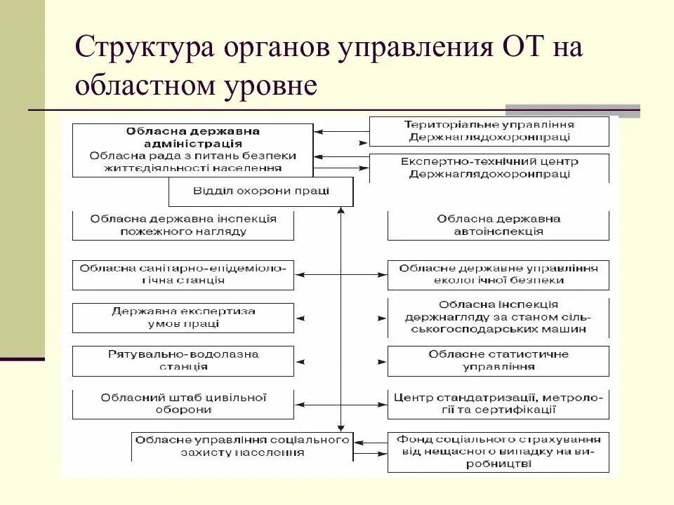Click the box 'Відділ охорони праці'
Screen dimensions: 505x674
(260, 191)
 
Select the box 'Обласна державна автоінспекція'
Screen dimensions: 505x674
(498, 225)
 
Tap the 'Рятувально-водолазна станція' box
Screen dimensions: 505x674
(183, 360)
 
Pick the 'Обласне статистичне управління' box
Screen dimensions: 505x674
(498, 360)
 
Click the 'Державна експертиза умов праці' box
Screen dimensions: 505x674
(183, 318)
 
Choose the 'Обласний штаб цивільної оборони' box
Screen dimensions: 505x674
(183, 404)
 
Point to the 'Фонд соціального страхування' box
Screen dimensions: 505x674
(498, 452)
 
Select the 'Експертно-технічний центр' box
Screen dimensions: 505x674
(489, 168)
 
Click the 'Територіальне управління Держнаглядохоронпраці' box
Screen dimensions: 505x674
(489, 130)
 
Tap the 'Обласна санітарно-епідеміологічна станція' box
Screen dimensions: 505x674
(183, 274)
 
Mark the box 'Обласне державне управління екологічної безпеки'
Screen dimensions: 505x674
(498, 274)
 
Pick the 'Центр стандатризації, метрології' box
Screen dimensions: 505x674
(498, 404)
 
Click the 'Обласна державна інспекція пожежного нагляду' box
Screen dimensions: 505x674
(183, 225)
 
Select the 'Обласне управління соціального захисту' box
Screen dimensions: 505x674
(242, 446)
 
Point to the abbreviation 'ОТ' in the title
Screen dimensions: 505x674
(522, 50)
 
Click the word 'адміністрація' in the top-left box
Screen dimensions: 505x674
(192, 143)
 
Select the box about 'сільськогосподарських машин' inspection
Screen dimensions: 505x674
(498, 318)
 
